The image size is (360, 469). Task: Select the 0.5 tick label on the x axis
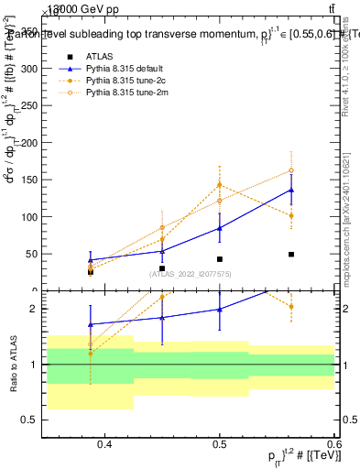coord(220,446)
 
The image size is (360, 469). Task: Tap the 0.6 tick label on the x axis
coord(332,446)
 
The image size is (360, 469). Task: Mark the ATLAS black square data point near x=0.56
coord(291,254)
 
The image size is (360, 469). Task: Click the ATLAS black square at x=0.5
coord(220,259)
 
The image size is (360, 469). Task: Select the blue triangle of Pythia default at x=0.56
coord(291,190)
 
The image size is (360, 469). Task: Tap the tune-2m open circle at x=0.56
coord(291,170)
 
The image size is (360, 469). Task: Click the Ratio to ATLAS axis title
coord(14,365)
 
